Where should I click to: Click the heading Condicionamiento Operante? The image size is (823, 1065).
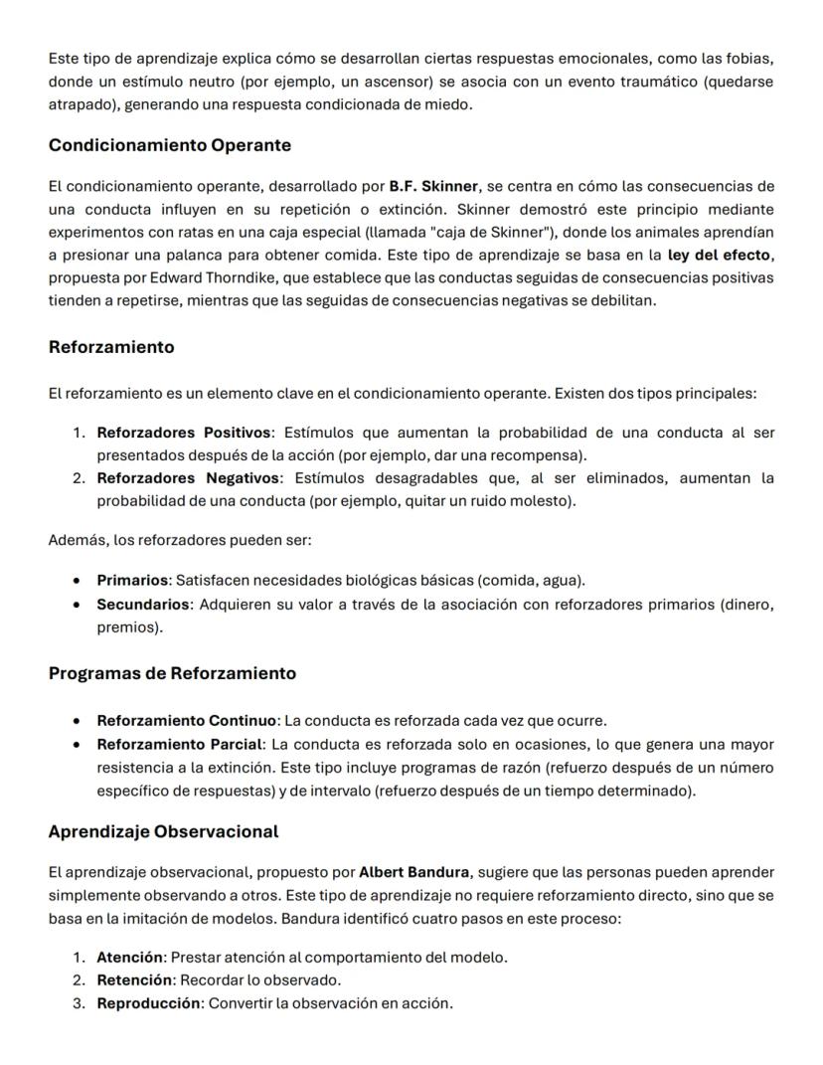(x=169, y=145)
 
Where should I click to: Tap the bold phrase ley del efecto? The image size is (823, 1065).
(x=719, y=255)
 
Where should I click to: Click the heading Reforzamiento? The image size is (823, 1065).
(x=110, y=347)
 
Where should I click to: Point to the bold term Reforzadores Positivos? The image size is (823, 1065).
(x=184, y=433)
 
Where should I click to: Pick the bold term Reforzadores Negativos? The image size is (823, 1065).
(x=185, y=478)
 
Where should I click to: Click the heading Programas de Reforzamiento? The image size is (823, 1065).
(x=172, y=673)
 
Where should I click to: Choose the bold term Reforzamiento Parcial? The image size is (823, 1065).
(x=180, y=744)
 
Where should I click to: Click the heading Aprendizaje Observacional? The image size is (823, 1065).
(x=163, y=831)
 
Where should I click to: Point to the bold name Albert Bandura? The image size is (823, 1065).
(x=413, y=872)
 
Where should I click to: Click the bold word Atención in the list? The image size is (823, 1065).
(x=129, y=958)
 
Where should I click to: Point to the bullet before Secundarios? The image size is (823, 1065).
(x=78, y=604)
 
